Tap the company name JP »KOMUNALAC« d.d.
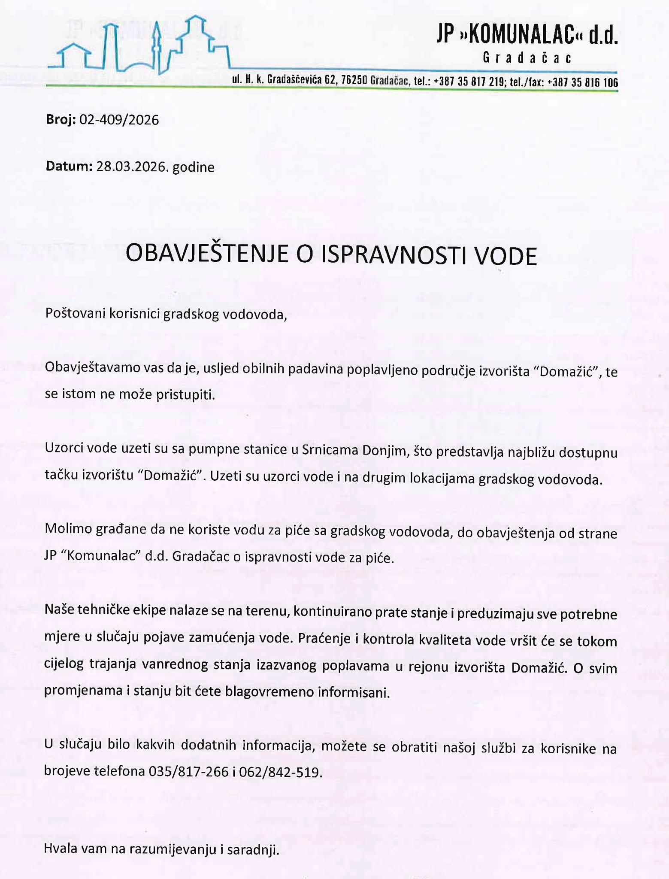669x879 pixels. [x=527, y=36]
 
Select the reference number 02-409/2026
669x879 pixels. [x=119, y=120]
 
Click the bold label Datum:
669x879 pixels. [x=69, y=166]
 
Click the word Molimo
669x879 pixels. [x=68, y=529]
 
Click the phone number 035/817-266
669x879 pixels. [x=188, y=772]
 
